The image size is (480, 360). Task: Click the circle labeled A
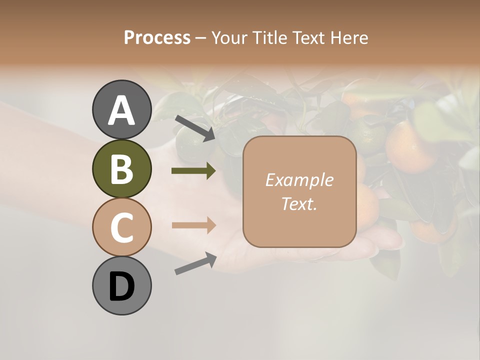[121, 109]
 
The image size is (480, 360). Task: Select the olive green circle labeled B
[121, 168]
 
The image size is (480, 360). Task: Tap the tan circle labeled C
[121, 227]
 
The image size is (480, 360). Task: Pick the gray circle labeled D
[121, 285]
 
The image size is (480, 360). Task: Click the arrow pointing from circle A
[195, 127]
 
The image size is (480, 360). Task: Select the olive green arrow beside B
[193, 171]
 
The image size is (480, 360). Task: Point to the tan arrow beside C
[193, 225]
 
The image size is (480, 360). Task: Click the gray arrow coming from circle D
[195, 263]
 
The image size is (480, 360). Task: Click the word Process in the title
[157, 38]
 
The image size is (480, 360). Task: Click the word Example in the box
[299, 180]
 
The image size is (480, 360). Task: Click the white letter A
[121, 110]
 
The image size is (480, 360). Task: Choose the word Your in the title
[229, 38]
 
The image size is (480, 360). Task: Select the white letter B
[121, 169]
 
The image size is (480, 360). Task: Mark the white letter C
[121, 227]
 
